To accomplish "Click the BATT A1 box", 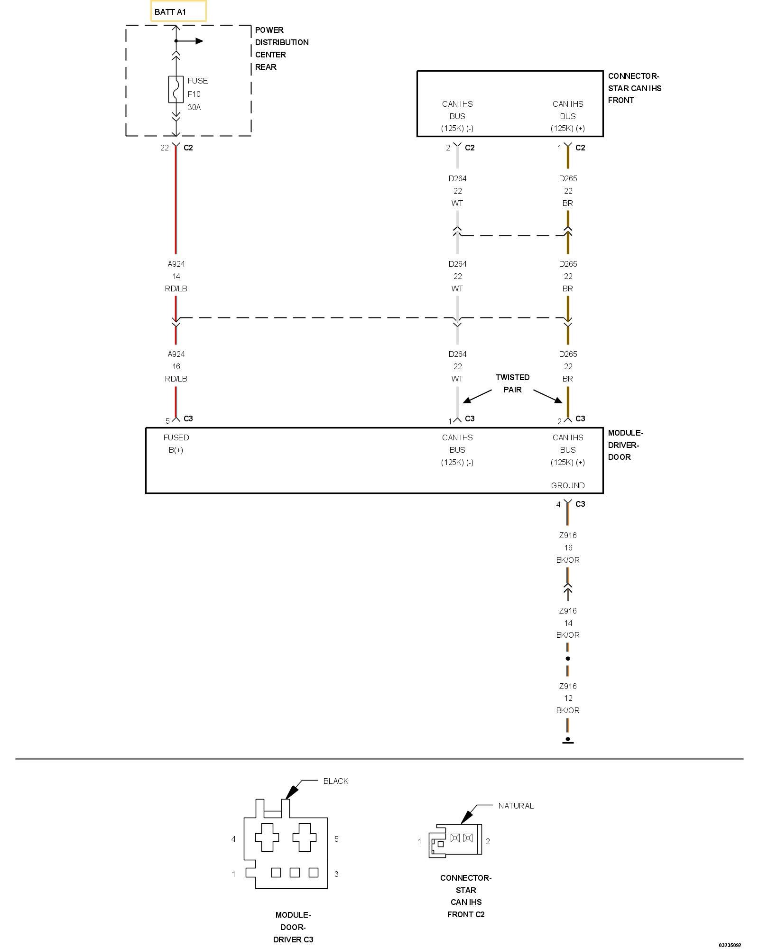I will click(x=178, y=11).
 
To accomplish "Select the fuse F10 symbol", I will click(x=176, y=89).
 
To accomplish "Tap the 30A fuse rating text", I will click(x=194, y=107).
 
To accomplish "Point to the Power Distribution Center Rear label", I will click(x=281, y=48).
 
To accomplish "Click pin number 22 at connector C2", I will click(x=165, y=148).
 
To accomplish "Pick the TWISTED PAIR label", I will click(x=512, y=383).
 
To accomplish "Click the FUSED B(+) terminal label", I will click(x=176, y=444).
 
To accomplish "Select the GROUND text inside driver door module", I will click(x=568, y=485).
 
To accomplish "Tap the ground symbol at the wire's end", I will click(x=568, y=740).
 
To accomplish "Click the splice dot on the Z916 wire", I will click(x=568, y=659).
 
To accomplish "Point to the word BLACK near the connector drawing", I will click(x=336, y=781).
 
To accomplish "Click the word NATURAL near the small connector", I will click(x=516, y=806).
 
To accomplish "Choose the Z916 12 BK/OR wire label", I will click(x=568, y=698).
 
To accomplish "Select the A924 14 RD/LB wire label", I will click(x=176, y=276).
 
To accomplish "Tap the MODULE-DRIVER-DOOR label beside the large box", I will click(x=625, y=445).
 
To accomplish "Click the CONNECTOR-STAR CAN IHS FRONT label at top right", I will click(x=634, y=88).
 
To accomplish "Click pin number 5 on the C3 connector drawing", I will click(x=336, y=839).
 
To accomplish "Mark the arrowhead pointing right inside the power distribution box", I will click(x=200, y=41).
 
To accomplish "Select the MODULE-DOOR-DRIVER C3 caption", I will click(x=293, y=927).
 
